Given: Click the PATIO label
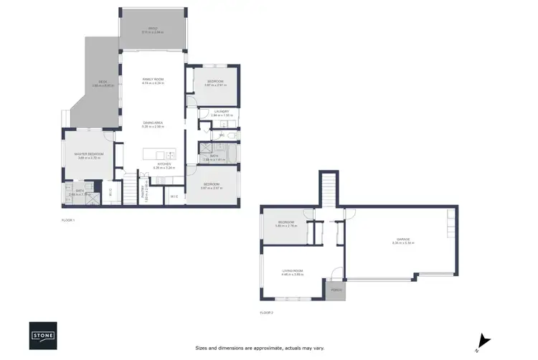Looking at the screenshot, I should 153,29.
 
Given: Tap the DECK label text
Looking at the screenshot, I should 103,83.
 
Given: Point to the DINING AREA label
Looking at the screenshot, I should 153,123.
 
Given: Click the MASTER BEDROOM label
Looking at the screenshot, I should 90,154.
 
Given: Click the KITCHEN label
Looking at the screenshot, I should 164,164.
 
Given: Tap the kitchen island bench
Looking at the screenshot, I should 159,154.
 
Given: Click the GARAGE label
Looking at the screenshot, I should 403,240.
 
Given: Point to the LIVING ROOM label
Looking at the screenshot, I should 293,270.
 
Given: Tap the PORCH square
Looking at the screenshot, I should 335,290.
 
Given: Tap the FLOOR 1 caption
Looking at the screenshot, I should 69,220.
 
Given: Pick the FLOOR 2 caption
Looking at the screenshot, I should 267,313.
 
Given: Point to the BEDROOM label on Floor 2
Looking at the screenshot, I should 287,223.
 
